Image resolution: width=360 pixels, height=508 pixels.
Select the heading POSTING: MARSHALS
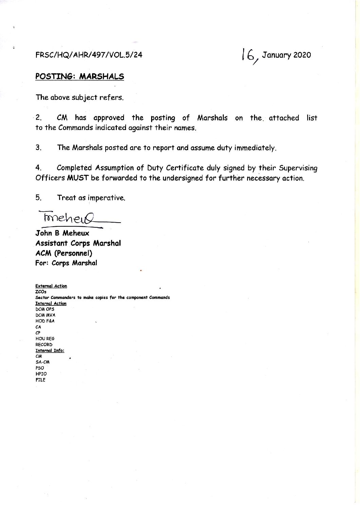(80, 76)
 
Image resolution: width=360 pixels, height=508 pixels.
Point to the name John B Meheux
(62, 233)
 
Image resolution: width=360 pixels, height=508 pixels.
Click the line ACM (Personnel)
(64, 253)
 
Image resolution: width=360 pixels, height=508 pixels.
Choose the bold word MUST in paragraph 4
(78, 178)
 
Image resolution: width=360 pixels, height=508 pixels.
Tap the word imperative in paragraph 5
(106, 198)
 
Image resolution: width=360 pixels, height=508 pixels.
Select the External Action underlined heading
(51, 286)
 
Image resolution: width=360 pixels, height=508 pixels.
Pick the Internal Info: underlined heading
(50, 351)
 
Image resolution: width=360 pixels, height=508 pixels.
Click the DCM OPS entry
(45, 309)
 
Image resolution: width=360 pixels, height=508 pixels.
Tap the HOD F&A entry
(45, 321)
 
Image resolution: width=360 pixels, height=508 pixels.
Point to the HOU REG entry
(45, 339)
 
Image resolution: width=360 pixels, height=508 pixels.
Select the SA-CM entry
(42, 362)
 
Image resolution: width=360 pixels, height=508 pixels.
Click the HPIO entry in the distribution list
(41, 374)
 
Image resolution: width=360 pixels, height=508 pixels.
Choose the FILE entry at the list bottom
(40, 380)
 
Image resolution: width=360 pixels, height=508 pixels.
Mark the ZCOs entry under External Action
(40, 292)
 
